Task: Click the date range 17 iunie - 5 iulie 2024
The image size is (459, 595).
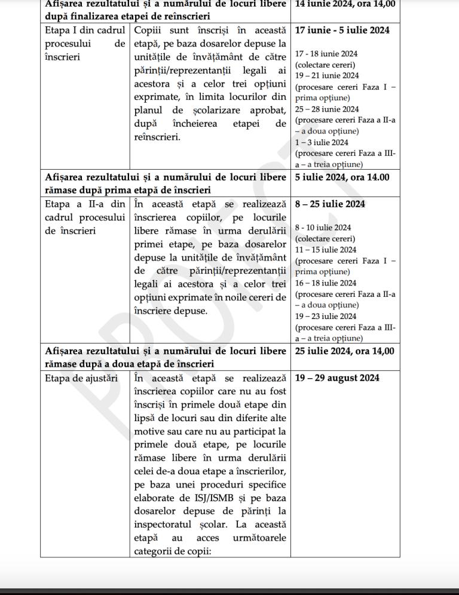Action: tap(342, 30)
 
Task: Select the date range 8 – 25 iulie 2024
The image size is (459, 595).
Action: tap(330, 204)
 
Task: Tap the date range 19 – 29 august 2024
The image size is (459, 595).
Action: tap(336, 378)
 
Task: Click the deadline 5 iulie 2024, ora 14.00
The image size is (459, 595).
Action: tap(342, 177)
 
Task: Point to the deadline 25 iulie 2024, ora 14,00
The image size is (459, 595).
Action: tap(344, 351)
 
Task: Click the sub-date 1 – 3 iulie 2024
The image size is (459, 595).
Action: tap(322, 143)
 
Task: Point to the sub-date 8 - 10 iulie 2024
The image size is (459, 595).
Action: tap(323, 228)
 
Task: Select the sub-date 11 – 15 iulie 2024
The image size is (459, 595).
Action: tap(325, 250)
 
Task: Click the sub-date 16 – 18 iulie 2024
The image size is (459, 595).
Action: tap(325, 283)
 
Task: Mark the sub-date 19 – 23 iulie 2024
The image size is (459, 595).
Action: tap(325, 317)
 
